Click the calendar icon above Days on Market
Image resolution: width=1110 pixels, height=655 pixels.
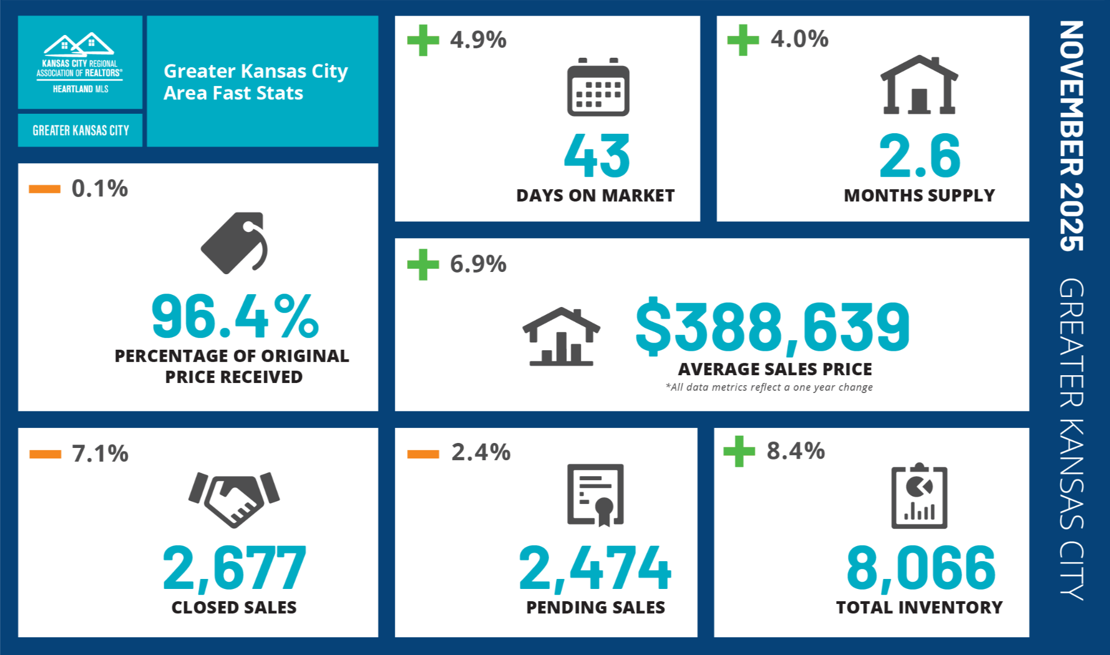click(x=598, y=88)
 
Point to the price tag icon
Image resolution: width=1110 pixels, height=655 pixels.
click(x=234, y=243)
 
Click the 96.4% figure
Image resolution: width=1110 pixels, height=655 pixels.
click(x=235, y=316)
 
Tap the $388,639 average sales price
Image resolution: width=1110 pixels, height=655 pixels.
click(x=772, y=327)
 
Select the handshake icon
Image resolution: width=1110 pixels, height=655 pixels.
click(x=234, y=498)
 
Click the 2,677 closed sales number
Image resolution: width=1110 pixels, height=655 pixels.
click(x=234, y=567)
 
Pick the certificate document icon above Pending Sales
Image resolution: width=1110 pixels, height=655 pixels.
click(x=595, y=495)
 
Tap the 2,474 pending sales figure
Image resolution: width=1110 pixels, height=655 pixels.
click(x=595, y=567)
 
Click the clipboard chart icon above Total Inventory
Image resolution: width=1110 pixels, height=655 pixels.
click(x=919, y=496)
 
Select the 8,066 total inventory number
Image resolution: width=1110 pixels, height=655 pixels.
click(x=921, y=567)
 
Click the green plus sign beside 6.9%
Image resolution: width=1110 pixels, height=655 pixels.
click(x=423, y=265)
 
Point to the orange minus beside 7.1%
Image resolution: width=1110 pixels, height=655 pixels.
click(x=45, y=454)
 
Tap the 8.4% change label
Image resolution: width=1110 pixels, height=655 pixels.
click(x=795, y=451)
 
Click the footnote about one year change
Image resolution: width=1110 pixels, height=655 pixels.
click(x=769, y=387)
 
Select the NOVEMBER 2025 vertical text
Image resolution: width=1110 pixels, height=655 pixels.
click(x=1071, y=136)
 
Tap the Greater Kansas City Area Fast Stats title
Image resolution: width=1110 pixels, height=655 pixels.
click(x=255, y=82)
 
